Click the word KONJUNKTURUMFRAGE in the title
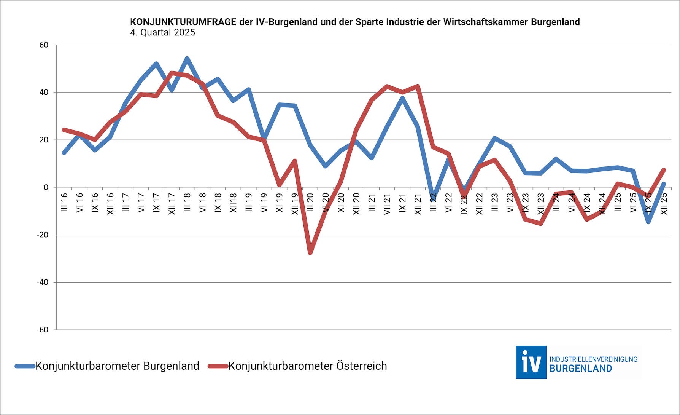(183, 22)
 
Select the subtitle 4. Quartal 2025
(162, 32)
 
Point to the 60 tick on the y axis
(44, 45)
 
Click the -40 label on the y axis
(43, 282)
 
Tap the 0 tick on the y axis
(46, 187)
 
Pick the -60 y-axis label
(43, 330)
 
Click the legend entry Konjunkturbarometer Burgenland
(117, 366)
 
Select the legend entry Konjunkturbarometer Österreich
(307, 366)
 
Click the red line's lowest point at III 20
(310, 253)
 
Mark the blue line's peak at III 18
(187, 58)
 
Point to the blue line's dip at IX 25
(648, 222)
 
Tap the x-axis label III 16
(64, 202)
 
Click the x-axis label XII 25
(664, 204)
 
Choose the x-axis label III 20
(310, 202)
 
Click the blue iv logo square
(531, 362)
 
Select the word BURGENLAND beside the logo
(581, 369)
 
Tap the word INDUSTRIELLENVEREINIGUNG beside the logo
(593, 359)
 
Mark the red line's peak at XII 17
(172, 73)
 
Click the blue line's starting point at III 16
(64, 153)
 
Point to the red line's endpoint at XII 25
(664, 170)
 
